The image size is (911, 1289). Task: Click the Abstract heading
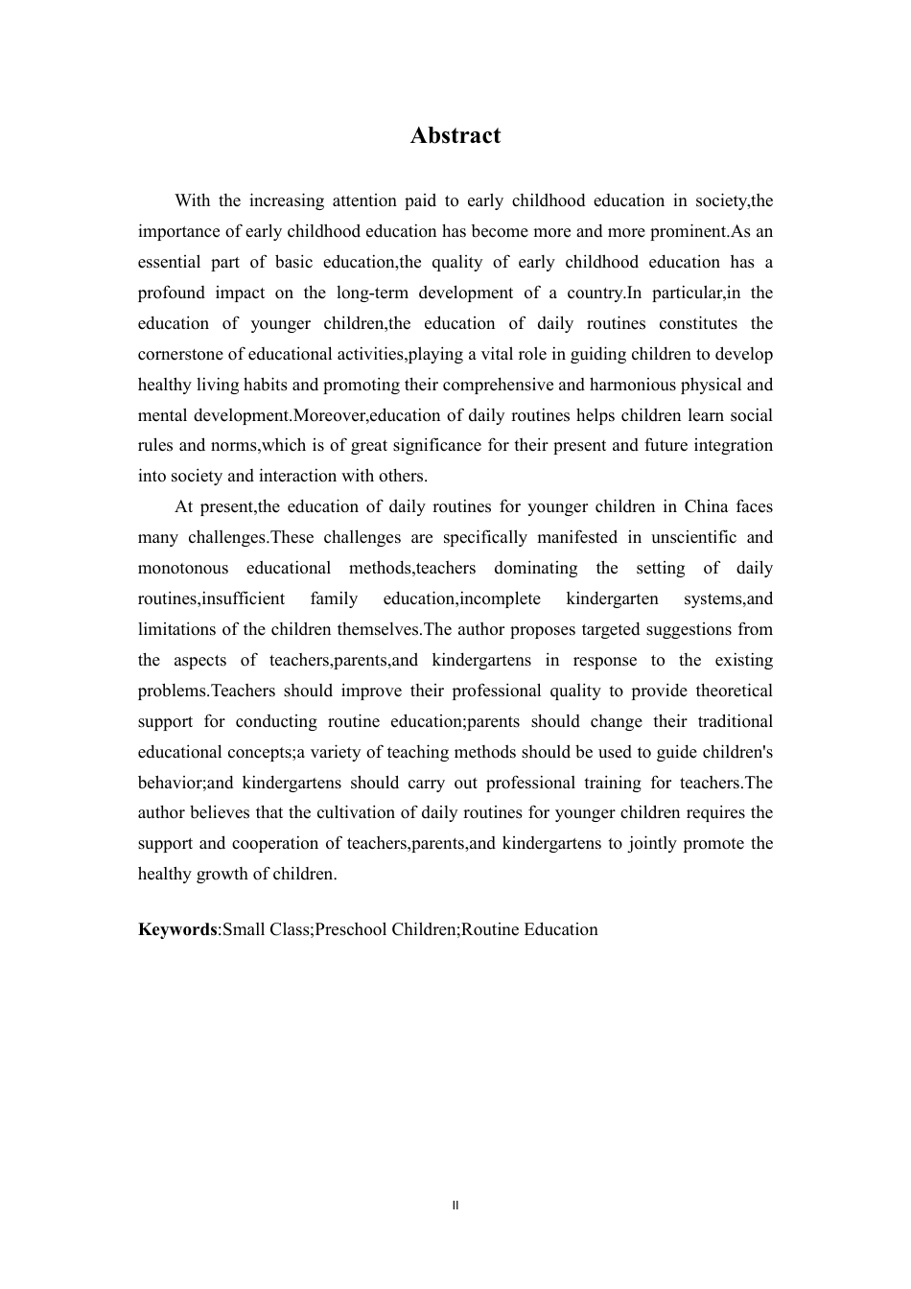pos(455,135)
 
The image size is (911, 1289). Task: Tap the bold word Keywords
pos(177,929)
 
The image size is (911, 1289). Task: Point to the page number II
pos(455,1206)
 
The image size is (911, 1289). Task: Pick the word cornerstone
pos(185,354)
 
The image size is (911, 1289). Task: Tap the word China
pos(682,506)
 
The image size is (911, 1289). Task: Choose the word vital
pos(487,354)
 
